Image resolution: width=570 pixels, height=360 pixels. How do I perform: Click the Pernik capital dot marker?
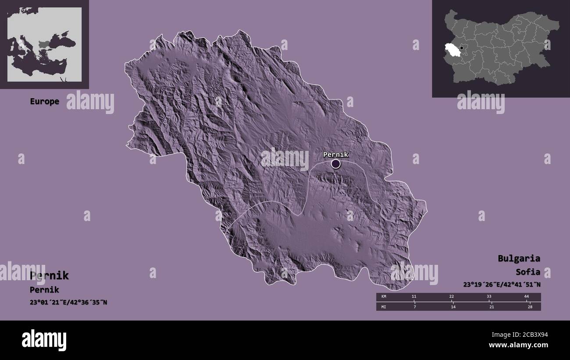336,164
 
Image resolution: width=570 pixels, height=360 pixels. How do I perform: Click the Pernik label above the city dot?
335,154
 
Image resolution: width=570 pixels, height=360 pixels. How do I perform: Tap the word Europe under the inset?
44,101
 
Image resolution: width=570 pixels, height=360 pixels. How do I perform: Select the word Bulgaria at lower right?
519,258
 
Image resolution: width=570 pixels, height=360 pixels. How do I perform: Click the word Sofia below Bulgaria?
528,272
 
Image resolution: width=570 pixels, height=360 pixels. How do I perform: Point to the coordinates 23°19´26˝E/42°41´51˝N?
502,285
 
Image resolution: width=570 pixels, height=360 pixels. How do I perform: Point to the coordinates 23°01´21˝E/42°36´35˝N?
68,302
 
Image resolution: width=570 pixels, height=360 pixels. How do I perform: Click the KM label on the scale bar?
384,297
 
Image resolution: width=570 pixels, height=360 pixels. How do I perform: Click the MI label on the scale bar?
384,307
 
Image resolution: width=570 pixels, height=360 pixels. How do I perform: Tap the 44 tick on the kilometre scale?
526,297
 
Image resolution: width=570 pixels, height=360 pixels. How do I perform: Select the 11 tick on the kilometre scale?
414,297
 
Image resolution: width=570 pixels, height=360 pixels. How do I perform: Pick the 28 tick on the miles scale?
530,307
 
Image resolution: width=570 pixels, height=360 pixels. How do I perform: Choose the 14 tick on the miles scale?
453,307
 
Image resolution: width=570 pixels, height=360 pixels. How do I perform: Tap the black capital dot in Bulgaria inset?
461,48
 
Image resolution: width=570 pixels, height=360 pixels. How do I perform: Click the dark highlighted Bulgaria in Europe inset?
45,44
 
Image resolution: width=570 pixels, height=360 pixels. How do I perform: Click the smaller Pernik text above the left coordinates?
44,290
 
